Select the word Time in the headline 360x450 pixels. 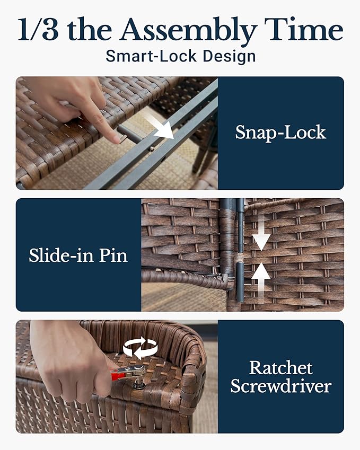pyautogui.click(x=303, y=29)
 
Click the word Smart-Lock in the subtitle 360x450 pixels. pyautogui.click(x=151, y=56)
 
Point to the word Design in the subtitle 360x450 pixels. pyautogui.click(x=229, y=57)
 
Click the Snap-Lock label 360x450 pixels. pyautogui.click(x=281, y=133)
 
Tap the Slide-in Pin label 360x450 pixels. pyautogui.click(x=78, y=255)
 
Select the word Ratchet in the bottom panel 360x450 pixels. pyautogui.click(x=281, y=368)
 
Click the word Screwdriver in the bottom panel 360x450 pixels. pyautogui.click(x=281, y=386)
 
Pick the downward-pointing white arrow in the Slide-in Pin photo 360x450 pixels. pyautogui.click(x=261, y=232)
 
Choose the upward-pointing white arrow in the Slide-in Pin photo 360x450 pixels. pyautogui.click(x=261, y=281)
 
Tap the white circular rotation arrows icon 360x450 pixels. pyautogui.click(x=141, y=348)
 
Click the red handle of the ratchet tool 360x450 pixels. pyautogui.click(x=117, y=375)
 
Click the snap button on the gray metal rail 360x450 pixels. pyautogui.click(x=151, y=148)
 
